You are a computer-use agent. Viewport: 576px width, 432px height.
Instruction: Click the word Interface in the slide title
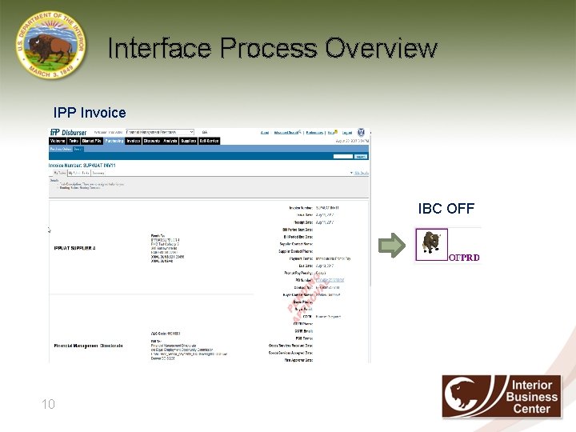coord(159,48)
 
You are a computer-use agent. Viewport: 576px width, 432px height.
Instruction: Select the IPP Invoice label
coord(90,113)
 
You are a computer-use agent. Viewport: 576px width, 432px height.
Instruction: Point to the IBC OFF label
coord(446,209)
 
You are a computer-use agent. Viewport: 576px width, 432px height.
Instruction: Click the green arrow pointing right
coord(393,246)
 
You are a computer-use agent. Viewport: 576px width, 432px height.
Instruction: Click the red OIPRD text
coord(464,258)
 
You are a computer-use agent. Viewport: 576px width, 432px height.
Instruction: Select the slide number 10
coord(49,405)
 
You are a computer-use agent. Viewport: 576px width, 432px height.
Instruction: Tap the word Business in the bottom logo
coord(534,397)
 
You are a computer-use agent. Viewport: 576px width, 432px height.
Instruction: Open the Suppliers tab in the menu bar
coord(189,141)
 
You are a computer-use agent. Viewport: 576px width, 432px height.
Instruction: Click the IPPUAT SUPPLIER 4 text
coord(74,249)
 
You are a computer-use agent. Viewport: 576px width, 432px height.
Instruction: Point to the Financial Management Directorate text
coord(88,346)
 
